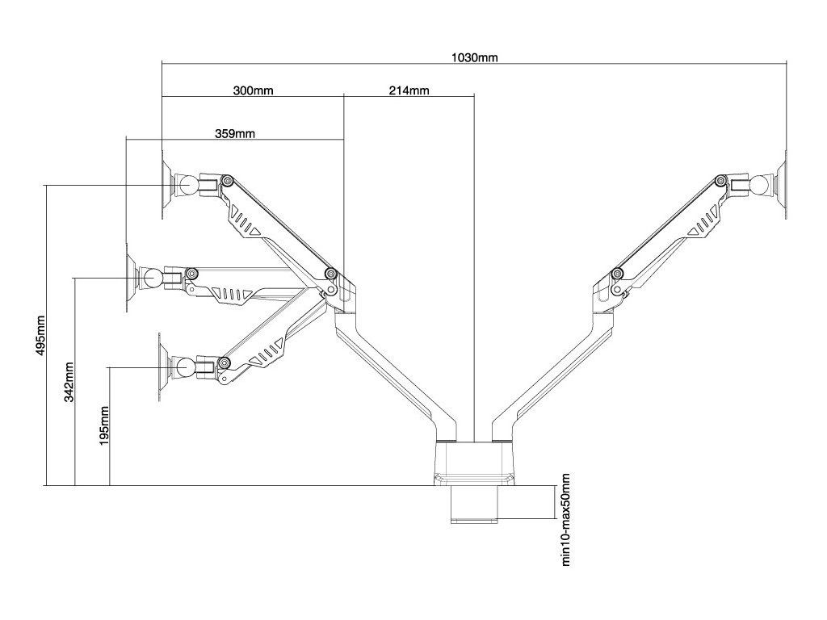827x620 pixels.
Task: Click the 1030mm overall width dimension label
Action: [474, 57]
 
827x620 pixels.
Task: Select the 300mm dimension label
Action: [253, 90]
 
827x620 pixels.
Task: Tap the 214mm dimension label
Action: [409, 90]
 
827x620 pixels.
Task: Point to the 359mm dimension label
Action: [235, 134]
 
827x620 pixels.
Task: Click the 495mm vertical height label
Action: [41, 335]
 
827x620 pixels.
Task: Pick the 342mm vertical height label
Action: [69, 382]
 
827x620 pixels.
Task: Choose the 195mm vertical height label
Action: [104, 425]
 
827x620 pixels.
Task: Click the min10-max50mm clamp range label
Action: [565, 520]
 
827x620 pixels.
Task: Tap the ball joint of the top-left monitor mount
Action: [187, 185]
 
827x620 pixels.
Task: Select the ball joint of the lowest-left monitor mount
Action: [185, 366]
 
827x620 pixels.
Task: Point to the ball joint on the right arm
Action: [760, 185]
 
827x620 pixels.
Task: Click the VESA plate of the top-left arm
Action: [167, 185]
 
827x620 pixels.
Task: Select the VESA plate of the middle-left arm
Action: [132, 278]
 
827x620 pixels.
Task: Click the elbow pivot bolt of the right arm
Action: [616, 273]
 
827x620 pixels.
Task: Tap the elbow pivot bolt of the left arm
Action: [331, 273]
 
